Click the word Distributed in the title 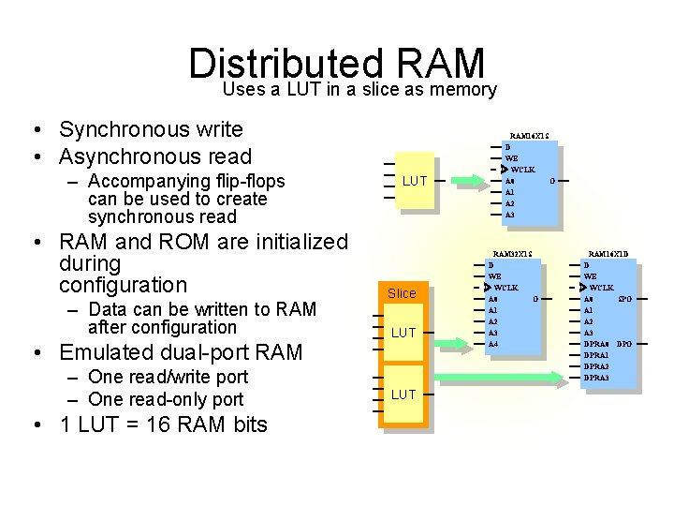287,64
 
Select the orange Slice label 402,293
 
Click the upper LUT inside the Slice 403,333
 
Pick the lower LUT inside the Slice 403,394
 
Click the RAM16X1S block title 529,135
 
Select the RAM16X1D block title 608,254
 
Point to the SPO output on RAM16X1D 624,299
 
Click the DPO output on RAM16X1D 624,344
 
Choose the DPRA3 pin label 596,378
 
